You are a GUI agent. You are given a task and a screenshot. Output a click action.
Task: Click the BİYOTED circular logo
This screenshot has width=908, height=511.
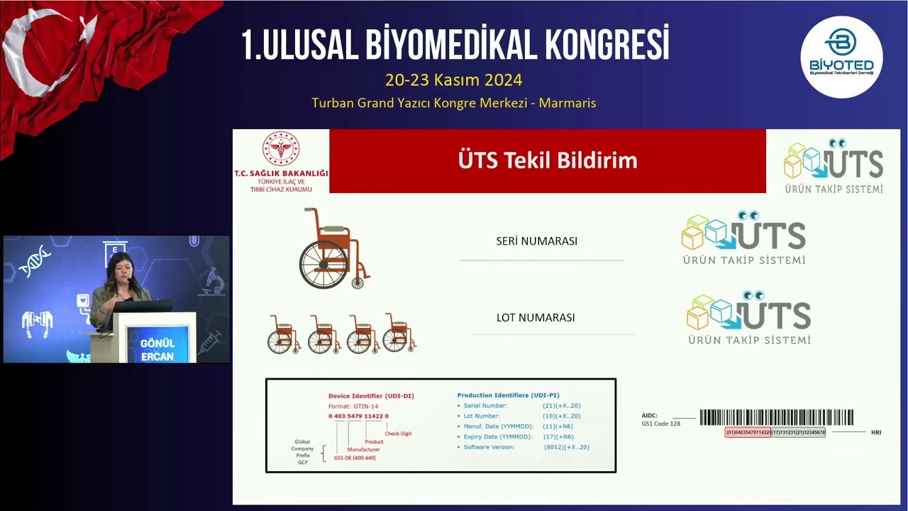(x=841, y=57)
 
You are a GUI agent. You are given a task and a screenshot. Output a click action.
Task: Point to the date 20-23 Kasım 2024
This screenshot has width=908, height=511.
(x=453, y=79)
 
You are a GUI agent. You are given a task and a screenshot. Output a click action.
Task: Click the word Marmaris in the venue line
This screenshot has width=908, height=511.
(x=567, y=103)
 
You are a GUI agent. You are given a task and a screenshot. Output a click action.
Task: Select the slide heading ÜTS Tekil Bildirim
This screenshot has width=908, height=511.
(x=548, y=160)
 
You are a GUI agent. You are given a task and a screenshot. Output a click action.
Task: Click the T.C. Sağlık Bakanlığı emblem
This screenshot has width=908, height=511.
(x=281, y=149)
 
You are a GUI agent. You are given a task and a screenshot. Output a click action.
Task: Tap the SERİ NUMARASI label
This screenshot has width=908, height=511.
(x=536, y=241)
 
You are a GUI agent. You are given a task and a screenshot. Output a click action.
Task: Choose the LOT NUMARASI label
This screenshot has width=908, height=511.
(x=536, y=317)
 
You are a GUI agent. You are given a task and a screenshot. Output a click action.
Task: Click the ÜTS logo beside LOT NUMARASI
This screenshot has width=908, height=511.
(x=748, y=317)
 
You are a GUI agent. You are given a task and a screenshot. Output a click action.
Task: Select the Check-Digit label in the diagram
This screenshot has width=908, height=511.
(x=398, y=433)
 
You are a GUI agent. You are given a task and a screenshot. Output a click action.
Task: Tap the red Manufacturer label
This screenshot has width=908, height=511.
(x=363, y=449)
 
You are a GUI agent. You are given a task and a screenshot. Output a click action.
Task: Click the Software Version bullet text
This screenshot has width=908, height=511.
(x=489, y=447)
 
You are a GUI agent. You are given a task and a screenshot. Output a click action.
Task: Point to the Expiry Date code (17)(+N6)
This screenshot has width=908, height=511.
(x=558, y=436)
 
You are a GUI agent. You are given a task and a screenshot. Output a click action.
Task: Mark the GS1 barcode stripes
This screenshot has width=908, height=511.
(x=776, y=417)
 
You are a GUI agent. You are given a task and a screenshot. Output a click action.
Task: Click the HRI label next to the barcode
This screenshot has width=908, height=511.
(x=876, y=432)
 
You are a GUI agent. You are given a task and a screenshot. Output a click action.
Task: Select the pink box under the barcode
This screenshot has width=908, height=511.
(x=748, y=432)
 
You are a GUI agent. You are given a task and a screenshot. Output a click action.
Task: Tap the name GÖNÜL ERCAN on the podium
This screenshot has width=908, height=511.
(x=157, y=349)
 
